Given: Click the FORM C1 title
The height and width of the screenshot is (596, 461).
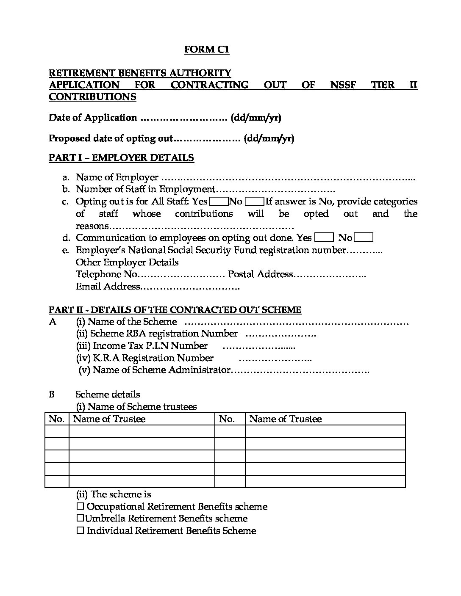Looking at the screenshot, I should point(206,50).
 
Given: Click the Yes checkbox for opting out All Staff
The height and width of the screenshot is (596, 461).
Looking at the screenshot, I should point(219,201).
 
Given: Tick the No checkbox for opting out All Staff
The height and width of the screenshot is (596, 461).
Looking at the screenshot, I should point(254,201).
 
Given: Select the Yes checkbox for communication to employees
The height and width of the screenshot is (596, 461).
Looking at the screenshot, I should point(324,238).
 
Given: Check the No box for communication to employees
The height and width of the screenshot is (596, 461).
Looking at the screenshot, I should point(363,238).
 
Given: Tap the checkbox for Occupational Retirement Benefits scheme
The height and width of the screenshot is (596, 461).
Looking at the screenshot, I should point(81,507).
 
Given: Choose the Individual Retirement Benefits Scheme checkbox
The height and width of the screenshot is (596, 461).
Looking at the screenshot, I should point(81,531).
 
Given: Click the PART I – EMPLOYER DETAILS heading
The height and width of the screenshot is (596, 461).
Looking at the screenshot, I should point(121,158).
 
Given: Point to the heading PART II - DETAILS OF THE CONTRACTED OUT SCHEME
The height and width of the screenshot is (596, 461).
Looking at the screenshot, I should point(175,310).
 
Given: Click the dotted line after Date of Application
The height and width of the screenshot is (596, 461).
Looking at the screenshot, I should point(184,118).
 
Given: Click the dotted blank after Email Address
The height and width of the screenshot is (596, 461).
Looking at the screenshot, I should point(190,287).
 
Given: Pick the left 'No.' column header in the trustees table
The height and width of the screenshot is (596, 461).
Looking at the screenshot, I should point(56,419).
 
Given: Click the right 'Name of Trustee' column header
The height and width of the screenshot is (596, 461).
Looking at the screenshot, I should point(286,419).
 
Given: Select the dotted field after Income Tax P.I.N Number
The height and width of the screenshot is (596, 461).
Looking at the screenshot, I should point(258,346).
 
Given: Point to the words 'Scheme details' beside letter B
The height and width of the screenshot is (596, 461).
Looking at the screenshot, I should point(108,395).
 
